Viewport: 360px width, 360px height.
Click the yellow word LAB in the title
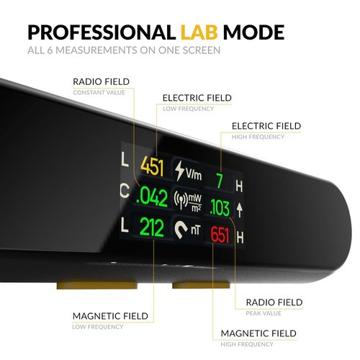(199, 32)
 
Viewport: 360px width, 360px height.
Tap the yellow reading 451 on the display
(152, 166)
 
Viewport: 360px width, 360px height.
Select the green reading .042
(152, 197)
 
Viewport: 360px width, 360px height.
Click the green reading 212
(152, 227)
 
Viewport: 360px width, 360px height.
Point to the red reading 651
(220, 235)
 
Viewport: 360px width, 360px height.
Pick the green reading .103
(220, 207)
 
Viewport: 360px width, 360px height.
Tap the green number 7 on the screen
(220, 181)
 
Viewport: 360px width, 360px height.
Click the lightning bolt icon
(179, 171)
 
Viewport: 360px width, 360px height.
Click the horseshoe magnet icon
(181, 229)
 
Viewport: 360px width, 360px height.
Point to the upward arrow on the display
(239, 210)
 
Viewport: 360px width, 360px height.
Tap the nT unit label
(195, 230)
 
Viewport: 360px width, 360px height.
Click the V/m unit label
(194, 174)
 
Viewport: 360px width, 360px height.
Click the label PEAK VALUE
(264, 313)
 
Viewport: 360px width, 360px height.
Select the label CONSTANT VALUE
(99, 93)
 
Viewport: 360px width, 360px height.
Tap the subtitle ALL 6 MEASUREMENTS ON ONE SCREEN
(124, 50)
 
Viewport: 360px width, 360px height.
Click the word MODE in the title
(254, 32)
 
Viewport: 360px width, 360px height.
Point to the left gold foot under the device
(97, 284)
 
